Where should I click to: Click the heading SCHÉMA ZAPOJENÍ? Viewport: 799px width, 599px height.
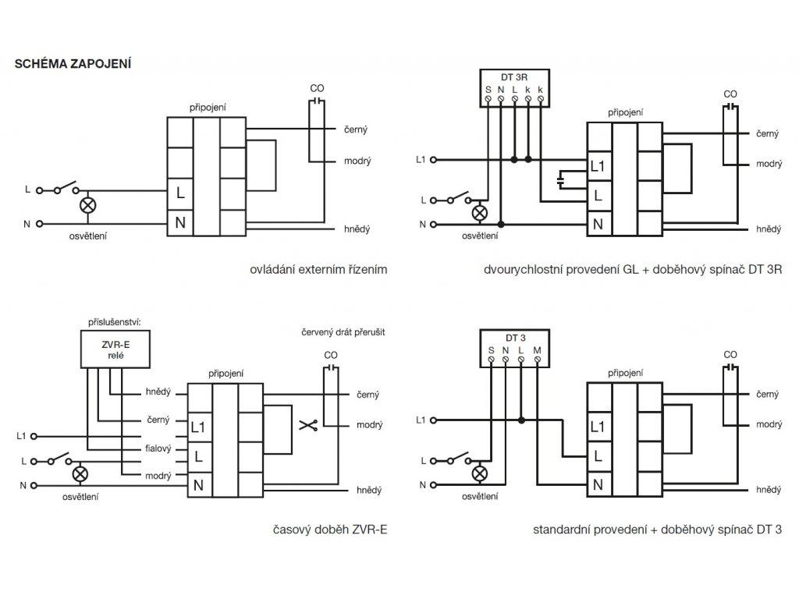73,64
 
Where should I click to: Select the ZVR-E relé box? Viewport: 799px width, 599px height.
115,349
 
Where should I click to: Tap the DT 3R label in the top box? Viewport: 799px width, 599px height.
514,77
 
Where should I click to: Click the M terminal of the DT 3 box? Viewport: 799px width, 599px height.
537,360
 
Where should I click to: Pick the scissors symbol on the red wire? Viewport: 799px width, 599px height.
307,425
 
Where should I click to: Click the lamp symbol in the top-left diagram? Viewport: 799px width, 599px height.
88,206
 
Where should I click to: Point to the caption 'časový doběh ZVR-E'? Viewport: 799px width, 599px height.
330,530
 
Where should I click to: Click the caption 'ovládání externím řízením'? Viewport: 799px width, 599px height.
318,269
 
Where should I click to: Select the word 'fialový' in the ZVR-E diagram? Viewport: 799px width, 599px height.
158,448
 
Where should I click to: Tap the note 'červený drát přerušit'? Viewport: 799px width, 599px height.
343,332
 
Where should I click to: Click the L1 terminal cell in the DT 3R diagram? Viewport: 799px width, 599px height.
599,166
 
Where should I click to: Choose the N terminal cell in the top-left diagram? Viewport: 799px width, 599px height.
180,222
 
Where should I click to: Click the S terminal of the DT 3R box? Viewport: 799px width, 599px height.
488,98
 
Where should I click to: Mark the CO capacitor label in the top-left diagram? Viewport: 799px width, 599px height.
317,88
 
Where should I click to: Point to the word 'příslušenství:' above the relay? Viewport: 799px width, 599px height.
114,322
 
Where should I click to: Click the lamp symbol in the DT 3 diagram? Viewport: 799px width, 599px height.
480,473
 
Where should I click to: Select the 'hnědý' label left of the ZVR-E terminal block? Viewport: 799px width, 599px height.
158,392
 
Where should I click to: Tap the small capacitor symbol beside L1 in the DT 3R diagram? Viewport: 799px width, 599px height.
561,179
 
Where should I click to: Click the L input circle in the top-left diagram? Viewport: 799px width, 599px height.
40,190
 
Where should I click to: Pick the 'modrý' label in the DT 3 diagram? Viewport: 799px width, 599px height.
769,424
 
